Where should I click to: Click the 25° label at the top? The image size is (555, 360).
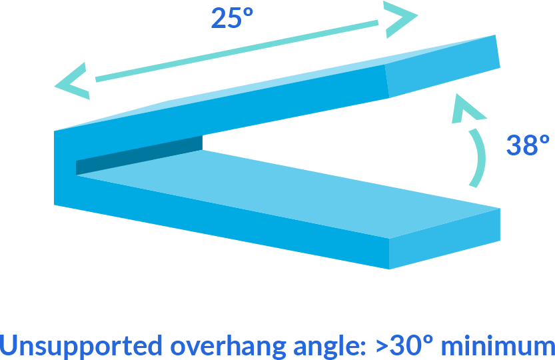(x=232, y=18)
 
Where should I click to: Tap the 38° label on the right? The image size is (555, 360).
(x=528, y=145)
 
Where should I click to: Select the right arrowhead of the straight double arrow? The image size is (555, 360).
(x=400, y=19)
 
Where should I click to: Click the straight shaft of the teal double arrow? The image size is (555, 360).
(x=237, y=51)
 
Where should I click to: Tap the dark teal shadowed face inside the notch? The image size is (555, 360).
(x=139, y=155)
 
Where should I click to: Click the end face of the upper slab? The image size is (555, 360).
(x=442, y=66)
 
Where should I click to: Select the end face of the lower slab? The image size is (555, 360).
(x=444, y=239)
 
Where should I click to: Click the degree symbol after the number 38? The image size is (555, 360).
(x=544, y=139)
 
